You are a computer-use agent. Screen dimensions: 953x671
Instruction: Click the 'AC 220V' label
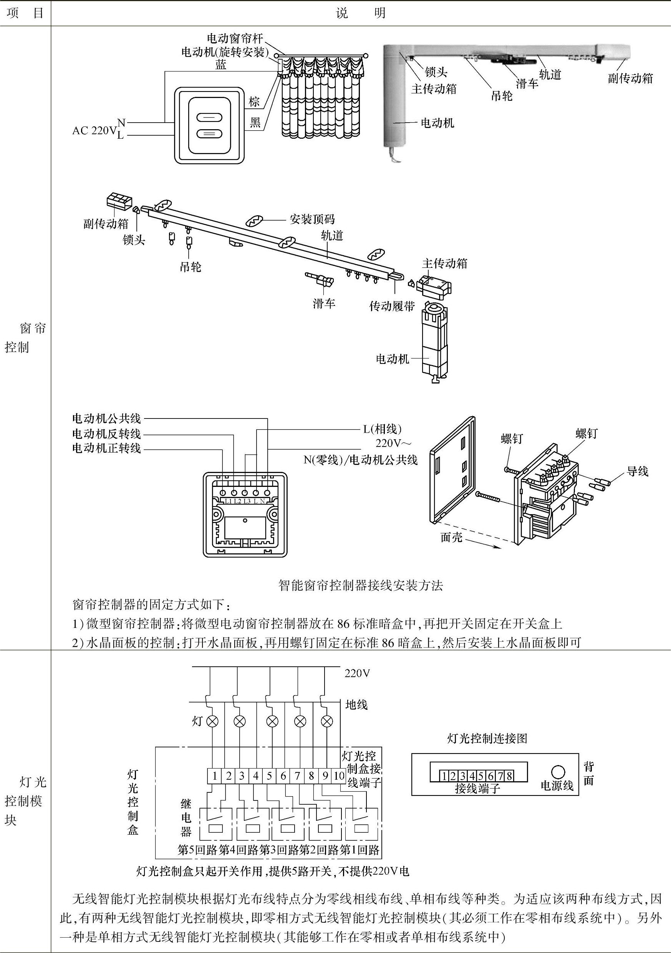[94, 130]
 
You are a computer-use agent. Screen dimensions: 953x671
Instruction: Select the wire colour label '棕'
[254, 102]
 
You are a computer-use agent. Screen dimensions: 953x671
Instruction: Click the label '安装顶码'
[312, 219]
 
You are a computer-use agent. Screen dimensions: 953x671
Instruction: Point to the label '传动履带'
[392, 306]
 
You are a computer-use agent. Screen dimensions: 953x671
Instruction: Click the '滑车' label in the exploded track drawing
[324, 304]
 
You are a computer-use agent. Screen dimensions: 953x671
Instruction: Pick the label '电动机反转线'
[107, 434]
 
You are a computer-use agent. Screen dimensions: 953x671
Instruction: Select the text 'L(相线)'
[383, 428]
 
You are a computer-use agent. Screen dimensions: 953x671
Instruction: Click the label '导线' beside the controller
[637, 471]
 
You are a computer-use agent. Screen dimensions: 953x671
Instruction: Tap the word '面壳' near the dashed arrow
[451, 538]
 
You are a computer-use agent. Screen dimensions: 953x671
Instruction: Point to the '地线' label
[356, 704]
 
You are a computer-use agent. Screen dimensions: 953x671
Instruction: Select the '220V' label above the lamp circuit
[357, 673]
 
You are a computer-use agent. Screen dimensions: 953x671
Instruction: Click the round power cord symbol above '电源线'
[558, 772]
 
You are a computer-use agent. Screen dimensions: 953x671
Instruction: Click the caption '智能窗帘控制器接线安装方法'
[361, 585]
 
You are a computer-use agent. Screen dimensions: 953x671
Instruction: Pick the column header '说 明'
[360, 14]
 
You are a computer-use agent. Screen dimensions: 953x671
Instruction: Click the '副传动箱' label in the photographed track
[630, 78]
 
